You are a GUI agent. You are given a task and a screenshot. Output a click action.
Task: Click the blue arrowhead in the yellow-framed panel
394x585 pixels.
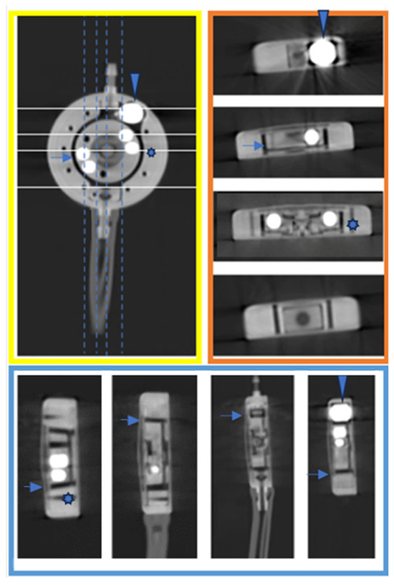coord(135,84)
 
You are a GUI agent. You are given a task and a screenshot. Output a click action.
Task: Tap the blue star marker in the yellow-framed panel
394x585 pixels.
coord(151,153)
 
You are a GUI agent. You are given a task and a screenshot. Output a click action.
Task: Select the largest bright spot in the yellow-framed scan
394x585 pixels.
coord(131,112)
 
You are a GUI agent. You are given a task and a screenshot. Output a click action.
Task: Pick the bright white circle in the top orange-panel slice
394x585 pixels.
coord(322,53)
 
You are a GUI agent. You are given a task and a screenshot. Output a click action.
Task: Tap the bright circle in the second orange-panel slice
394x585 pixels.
coord(311,136)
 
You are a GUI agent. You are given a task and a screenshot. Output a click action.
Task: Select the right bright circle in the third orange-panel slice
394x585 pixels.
coord(330,218)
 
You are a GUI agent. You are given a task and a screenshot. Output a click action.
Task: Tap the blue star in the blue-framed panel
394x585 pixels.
coord(67,498)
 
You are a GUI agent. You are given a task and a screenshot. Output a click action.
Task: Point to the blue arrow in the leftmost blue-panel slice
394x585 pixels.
coord(32,487)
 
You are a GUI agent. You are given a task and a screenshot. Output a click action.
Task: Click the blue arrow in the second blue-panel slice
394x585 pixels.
coord(130,421)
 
